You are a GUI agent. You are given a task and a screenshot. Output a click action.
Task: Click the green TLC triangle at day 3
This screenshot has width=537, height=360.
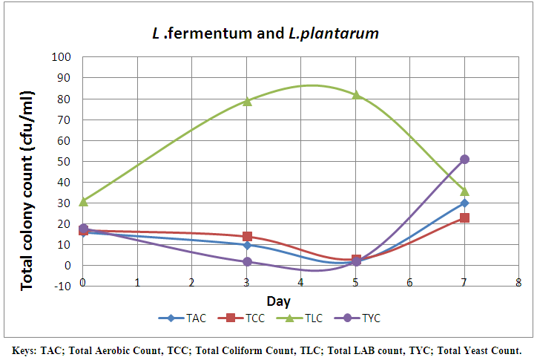point(247,101)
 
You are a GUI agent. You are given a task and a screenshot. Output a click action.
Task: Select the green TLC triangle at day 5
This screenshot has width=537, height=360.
point(356,95)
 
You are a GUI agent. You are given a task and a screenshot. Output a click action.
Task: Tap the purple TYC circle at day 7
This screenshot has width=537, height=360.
point(465,159)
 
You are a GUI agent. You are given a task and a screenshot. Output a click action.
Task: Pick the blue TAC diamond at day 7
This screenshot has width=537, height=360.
point(465,203)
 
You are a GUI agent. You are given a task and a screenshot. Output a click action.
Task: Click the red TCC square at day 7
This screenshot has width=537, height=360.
point(465,217)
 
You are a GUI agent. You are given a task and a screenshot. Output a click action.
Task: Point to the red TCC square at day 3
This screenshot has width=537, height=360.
point(247,236)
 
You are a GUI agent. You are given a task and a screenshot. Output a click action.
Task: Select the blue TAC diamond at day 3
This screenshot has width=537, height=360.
point(247,245)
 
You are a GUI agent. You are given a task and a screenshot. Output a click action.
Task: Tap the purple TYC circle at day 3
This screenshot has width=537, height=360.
point(247,261)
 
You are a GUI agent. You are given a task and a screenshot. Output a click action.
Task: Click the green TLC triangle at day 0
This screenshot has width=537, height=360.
point(83,201)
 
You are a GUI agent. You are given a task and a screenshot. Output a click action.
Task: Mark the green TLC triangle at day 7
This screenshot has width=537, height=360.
point(465,191)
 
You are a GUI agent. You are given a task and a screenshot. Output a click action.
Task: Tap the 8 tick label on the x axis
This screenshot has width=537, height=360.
point(518,283)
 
